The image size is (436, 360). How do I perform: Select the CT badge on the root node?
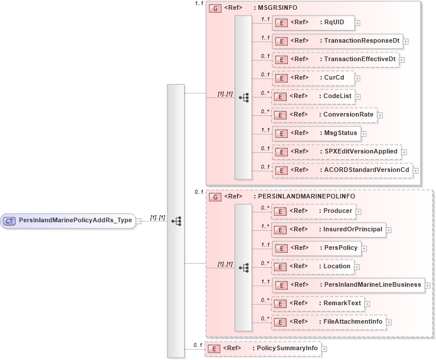[x=9, y=220]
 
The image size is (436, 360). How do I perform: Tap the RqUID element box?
[x=313, y=22]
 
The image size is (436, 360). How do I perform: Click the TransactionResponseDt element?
[x=337, y=41]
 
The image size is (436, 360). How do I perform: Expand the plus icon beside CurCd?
[x=358, y=78]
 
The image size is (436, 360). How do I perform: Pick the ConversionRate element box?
[x=324, y=115]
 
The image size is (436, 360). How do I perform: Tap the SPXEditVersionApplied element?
[x=336, y=152]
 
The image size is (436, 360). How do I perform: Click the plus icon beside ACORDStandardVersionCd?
[x=415, y=171]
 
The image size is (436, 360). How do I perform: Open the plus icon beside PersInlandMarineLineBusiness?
[x=427, y=285]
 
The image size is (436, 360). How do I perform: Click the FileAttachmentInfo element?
[x=329, y=322]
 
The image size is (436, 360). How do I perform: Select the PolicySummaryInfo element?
[x=262, y=348]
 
